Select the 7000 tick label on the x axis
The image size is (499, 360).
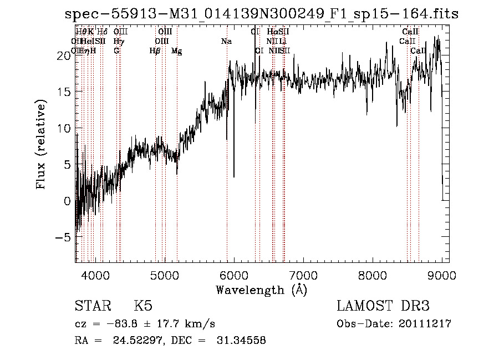pos(303,275)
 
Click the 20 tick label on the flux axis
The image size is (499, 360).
pos(64,55)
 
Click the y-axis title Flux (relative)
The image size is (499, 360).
pos(41,145)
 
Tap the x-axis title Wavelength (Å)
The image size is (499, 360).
pos(261,290)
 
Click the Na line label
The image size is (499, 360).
pos(226,42)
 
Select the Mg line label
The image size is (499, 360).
pos(176,51)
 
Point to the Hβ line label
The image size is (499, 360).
pos(155,51)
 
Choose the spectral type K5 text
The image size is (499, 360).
pos(143,306)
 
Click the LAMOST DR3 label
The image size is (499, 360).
pos(383,306)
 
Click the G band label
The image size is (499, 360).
pos(116,51)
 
